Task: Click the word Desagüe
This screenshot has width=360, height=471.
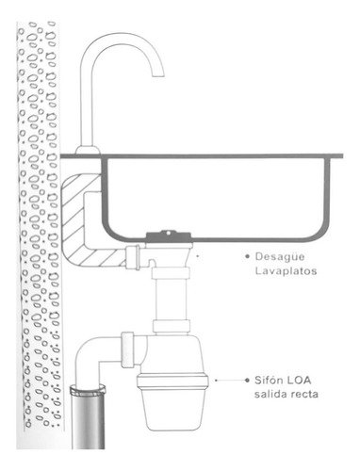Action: coord(280,256)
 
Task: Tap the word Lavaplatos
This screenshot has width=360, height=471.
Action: coord(286,270)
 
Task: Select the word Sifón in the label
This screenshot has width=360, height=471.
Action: coord(266,380)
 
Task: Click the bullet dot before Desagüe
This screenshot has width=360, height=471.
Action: coord(247,256)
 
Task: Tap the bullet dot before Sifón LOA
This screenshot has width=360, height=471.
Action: coord(247,381)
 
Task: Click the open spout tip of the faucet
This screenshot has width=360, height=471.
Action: coord(158,75)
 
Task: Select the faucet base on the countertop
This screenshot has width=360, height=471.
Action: coord(88,150)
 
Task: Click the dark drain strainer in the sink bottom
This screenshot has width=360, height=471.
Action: coord(169,237)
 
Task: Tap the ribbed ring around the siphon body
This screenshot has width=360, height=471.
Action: coord(172,381)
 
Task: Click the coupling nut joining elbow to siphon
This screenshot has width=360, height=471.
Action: coord(128,349)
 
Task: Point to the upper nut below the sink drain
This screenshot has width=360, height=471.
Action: coord(171,273)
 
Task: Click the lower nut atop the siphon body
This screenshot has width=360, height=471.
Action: coord(172,327)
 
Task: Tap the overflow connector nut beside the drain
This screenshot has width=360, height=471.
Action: coord(133,257)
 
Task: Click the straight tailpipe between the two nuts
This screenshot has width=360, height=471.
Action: coord(171,300)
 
